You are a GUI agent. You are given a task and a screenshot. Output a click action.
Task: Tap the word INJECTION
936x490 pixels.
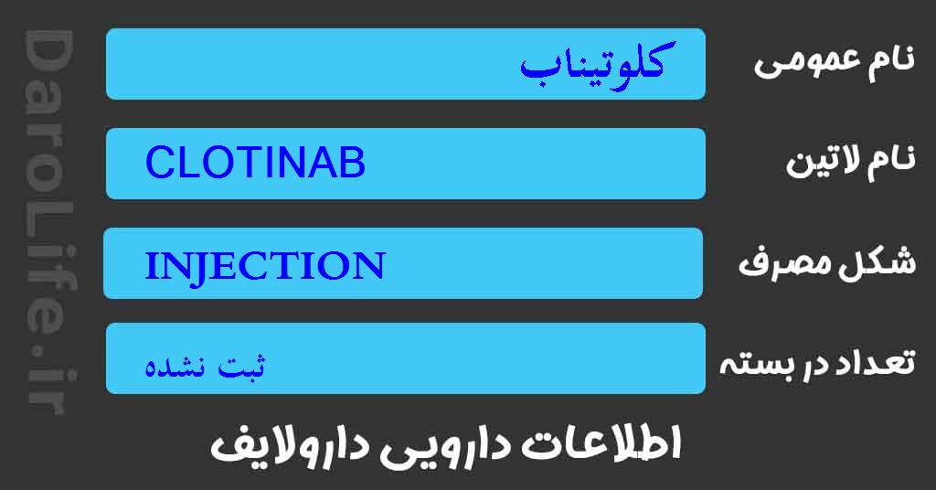[264, 266]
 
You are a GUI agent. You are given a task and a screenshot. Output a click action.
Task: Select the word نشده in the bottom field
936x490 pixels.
[178, 367]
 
